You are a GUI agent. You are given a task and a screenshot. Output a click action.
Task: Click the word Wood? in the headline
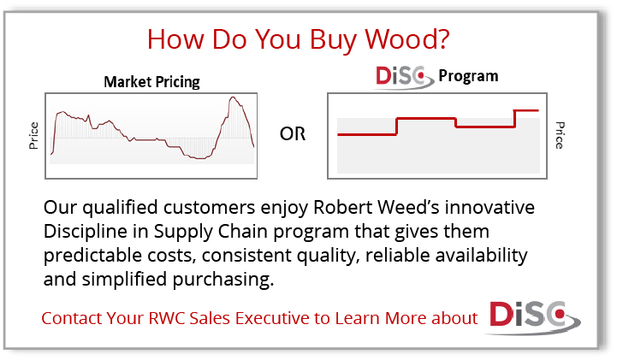click(406, 39)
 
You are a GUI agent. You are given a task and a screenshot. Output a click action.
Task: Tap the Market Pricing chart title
click(151, 82)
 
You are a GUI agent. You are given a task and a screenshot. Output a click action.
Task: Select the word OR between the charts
click(293, 134)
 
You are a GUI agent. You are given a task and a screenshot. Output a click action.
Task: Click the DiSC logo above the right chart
click(404, 77)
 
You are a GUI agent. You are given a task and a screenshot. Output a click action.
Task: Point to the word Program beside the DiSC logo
click(468, 76)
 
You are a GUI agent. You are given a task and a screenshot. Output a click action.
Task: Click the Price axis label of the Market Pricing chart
click(33, 136)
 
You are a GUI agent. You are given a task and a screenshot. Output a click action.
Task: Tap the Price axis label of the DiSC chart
click(560, 135)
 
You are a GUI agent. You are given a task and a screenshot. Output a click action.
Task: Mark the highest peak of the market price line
click(233, 97)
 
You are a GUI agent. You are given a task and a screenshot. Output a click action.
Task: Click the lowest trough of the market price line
click(201, 158)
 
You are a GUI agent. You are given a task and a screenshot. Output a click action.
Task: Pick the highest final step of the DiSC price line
click(526, 110)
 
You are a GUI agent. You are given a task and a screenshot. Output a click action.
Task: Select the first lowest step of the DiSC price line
click(367, 134)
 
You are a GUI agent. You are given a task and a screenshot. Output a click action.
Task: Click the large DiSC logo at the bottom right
click(533, 317)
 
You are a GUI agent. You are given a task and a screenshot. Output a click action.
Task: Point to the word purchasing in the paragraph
click(222, 280)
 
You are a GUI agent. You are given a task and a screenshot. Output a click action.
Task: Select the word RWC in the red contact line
click(167, 318)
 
